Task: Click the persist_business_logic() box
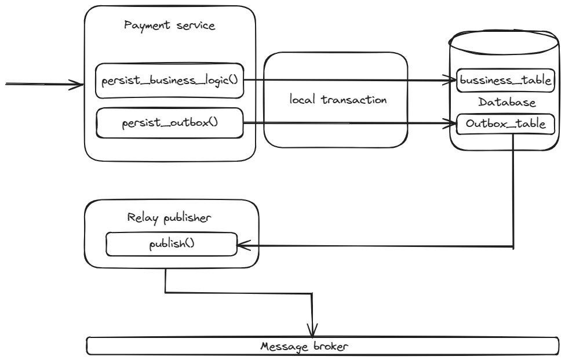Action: [x=169, y=81]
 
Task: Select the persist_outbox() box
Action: [x=169, y=123]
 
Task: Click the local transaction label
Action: [x=338, y=100]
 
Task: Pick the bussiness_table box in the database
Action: [x=504, y=81]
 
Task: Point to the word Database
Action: [x=507, y=103]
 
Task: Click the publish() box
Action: [x=172, y=244]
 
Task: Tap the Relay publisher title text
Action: [x=169, y=218]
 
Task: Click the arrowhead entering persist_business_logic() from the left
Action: [x=79, y=85]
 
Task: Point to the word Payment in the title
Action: [x=144, y=26]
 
